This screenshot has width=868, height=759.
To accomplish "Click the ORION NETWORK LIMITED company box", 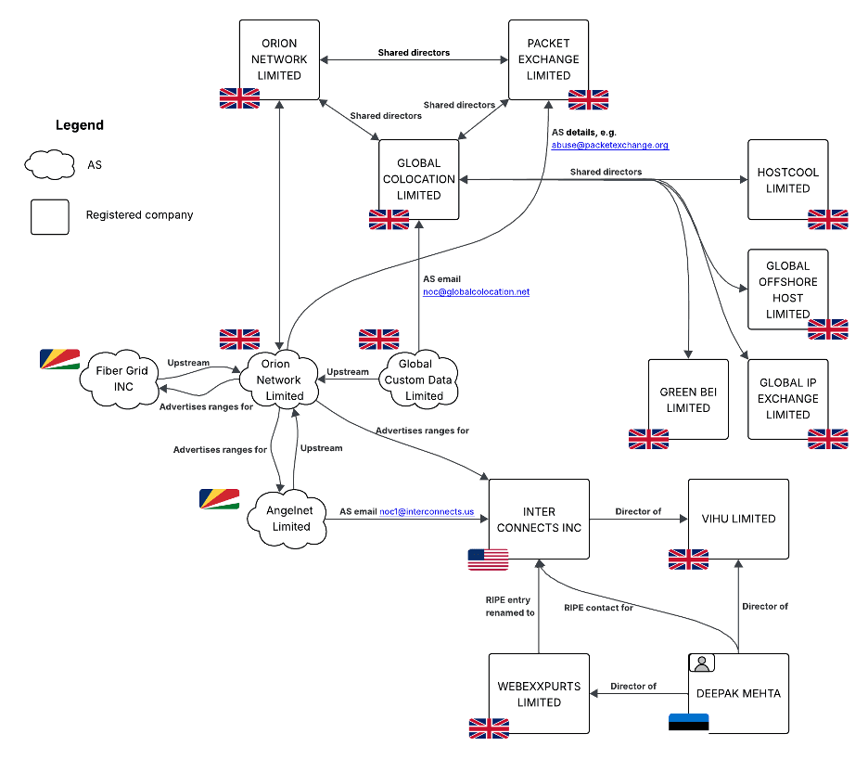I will point(279,59).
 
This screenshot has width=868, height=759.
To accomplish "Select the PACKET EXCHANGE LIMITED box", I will point(548,59).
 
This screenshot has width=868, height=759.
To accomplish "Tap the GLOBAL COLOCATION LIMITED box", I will point(418,179).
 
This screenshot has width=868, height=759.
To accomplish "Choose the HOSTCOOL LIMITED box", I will point(787,180).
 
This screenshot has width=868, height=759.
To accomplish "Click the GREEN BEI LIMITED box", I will point(688,399).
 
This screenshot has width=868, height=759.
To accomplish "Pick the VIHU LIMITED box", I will point(738,519).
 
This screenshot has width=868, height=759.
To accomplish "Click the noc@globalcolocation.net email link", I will point(476,291).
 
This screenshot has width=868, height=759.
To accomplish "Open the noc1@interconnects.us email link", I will point(427,511).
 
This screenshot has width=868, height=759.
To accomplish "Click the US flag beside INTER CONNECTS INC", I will point(488,560).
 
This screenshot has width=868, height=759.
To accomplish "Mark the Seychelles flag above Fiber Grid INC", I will point(60,359).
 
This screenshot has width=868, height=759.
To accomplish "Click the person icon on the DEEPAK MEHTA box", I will point(702,663).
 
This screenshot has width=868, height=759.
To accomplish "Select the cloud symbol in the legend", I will point(49,165).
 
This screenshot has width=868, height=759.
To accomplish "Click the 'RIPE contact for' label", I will point(598,608).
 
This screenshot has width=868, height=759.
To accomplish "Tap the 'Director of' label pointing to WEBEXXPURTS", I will point(633,687).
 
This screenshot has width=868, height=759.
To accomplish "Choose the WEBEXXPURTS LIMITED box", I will point(539,694).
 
